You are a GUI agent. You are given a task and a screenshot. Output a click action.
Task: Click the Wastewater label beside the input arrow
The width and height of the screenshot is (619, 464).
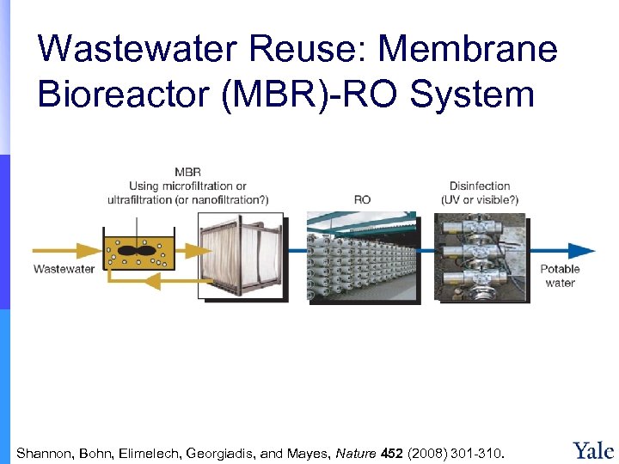click(x=64, y=269)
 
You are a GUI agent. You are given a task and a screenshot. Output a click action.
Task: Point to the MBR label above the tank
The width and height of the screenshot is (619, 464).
click(x=187, y=173)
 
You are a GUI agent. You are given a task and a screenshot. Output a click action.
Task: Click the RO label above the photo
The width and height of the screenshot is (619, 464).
click(x=362, y=199)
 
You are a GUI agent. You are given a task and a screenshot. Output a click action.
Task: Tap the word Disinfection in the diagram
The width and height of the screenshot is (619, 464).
click(x=480, y=186)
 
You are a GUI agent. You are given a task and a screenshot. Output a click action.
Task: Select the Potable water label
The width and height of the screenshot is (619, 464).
click(x=560, y=276)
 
